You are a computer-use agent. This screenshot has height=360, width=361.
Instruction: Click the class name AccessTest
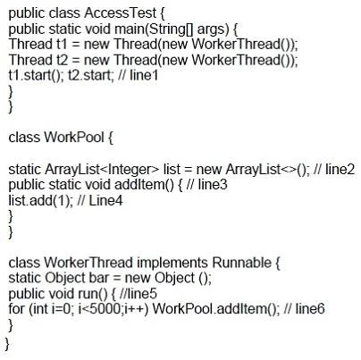[120, 13]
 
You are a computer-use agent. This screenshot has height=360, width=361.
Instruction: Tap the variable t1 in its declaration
[62, 44]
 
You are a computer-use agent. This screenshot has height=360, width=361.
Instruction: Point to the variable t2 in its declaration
[62, 60]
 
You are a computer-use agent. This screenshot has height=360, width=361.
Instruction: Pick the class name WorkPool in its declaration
[74, 138]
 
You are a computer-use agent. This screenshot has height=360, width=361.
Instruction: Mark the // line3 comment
[206, 185]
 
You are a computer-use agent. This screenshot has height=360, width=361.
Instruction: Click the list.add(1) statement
[39, 200]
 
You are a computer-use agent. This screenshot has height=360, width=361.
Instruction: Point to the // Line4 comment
[100, 200]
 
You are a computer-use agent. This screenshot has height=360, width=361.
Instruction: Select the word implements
[172, 263]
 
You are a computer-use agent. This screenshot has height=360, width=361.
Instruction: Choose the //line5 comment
[138, 294]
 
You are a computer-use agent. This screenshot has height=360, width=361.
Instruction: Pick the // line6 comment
[305, 308]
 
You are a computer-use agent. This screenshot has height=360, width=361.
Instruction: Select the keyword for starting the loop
[16, 308]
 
